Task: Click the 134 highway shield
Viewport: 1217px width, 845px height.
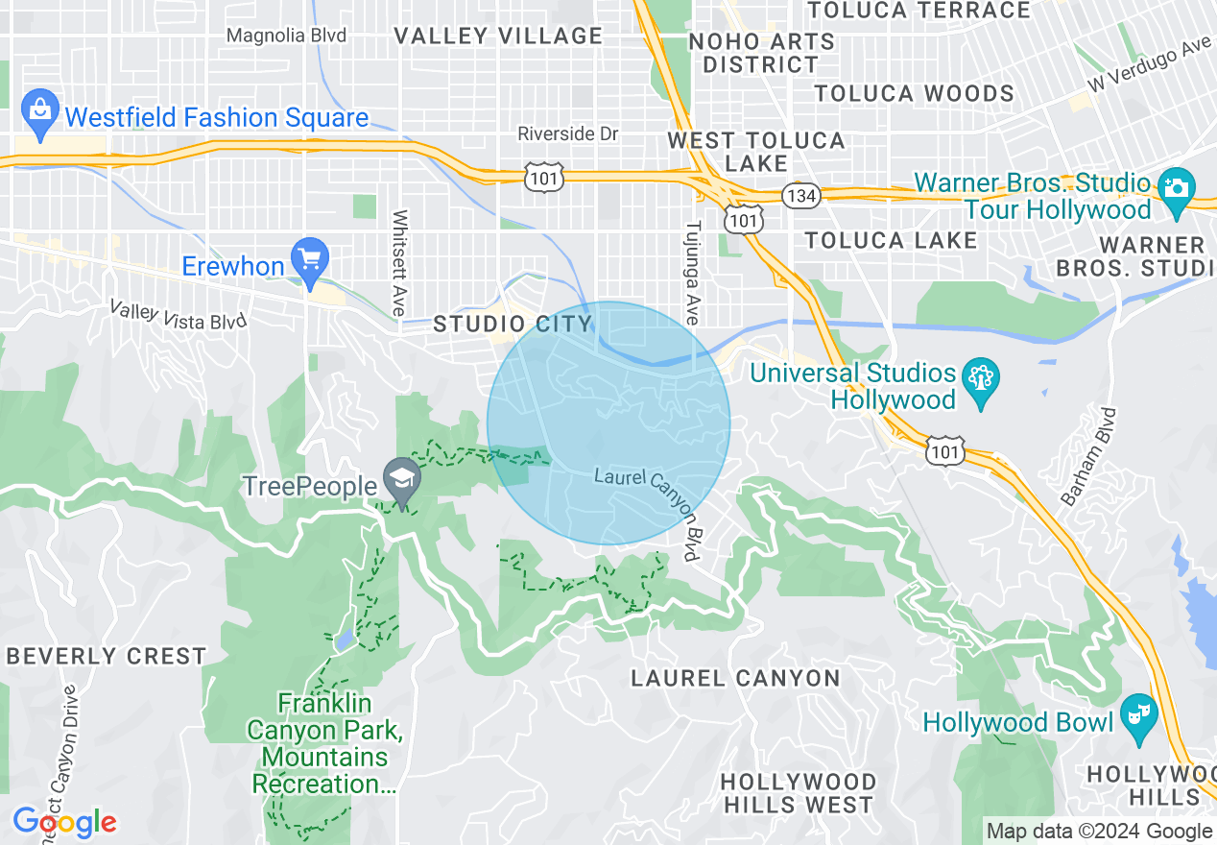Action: pos(799,194)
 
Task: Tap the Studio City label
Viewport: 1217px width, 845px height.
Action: pos(512,324)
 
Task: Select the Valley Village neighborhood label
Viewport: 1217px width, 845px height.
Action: pos(498,36)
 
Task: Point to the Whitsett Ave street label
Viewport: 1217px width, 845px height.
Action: pos(400,263)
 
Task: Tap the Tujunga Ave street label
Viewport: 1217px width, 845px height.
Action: pos(691,274)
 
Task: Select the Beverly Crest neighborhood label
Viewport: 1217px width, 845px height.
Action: pos(106,657)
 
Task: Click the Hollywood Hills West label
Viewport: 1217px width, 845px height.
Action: pos(798,793)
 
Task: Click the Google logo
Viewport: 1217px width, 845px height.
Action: pos(64,822)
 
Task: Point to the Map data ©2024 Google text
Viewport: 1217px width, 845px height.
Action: pos(1099,832)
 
